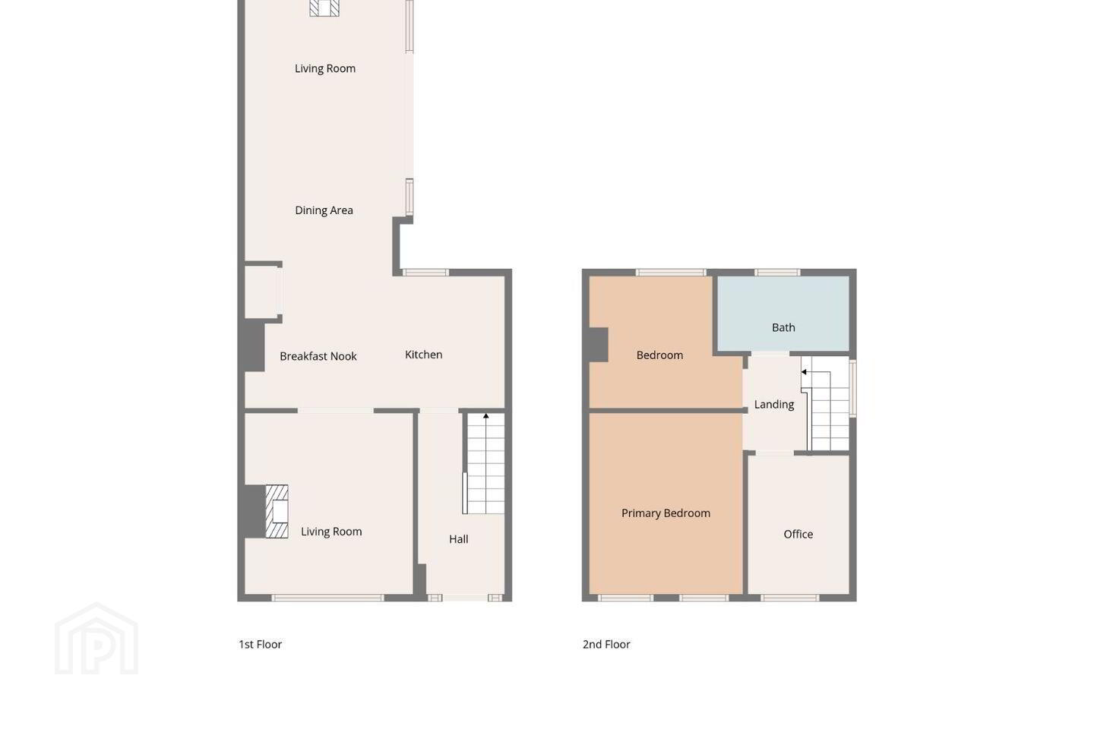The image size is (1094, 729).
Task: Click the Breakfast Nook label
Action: click(x=318, y=356)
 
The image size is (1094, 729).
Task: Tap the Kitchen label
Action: click(x=423, y=355)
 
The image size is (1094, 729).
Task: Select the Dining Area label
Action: click(x=324, y=210)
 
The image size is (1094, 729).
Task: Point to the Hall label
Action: click(x=459, y=539)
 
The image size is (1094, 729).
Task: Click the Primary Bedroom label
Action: click(x=666, y=513)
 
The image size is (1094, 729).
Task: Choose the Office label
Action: click(x=798, y=534)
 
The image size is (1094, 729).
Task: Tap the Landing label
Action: click(x=773, y=404)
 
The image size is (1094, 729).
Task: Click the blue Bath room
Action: click(x=783, y=313)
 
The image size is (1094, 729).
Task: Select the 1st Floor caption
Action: click(x=260, y=645)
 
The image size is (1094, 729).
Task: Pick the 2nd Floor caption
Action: click(x=606, y=645)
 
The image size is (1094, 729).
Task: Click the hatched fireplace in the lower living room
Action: click(x=277, y=511)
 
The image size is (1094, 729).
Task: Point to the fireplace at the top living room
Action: click(x=324, y=8)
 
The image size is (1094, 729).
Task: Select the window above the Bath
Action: click(x=777, y=273)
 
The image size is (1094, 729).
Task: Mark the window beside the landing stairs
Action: click(x=852, y=388)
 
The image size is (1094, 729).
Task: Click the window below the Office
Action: click(x=790, y=598)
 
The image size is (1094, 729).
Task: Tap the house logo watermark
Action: click(x=96, y=638)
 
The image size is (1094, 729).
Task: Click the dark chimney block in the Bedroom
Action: click(x=599, y=345)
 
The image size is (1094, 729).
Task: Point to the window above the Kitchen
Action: click(x=425, y=273)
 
